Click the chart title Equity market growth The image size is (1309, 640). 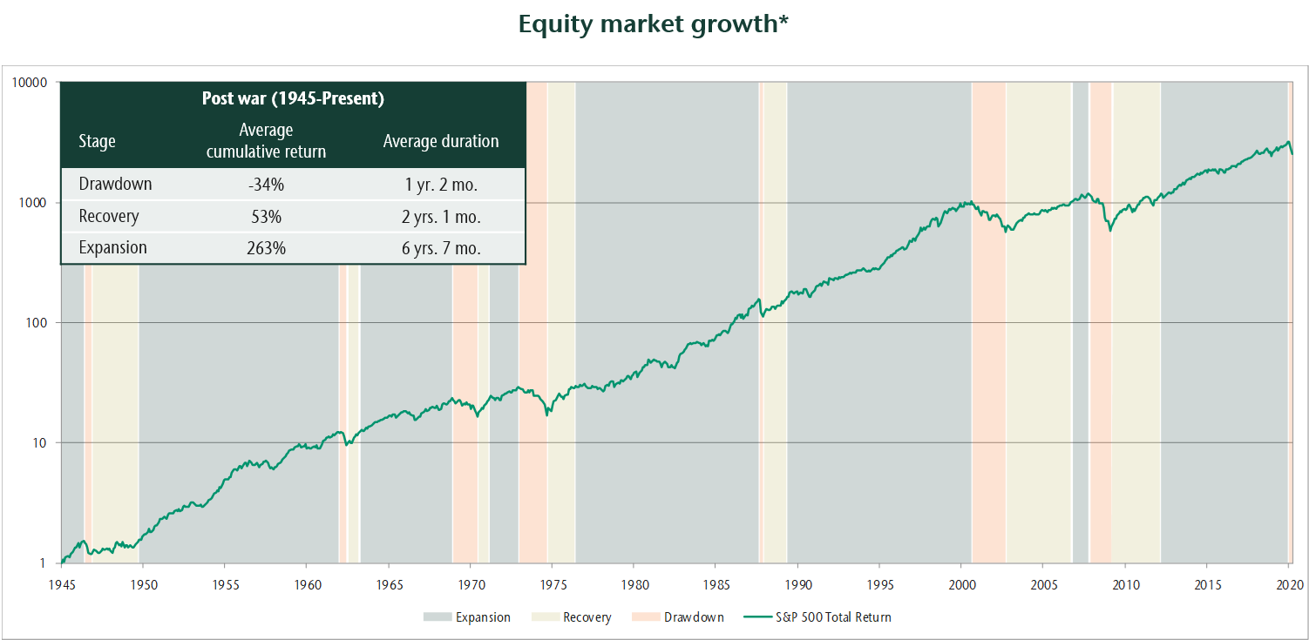[x=653, y=24]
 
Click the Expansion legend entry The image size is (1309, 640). [x=483, y=617]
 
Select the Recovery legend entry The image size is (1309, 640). [x=587, y=617]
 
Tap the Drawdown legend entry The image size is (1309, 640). [x=693, y=617]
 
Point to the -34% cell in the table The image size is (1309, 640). [x=266, y=185]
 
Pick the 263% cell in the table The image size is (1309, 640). [x=266, y=248]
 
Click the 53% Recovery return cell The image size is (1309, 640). [x=266, y=216]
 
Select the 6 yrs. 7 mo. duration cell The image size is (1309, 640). [x=441, y=248]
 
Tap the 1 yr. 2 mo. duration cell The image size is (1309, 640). [x=441, y=185]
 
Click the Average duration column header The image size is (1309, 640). [x=441, y=141]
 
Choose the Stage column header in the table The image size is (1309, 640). [x=97, y=141]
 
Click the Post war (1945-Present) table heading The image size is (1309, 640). [x=293, y=98]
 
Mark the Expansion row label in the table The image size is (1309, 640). [x=112, y=248]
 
